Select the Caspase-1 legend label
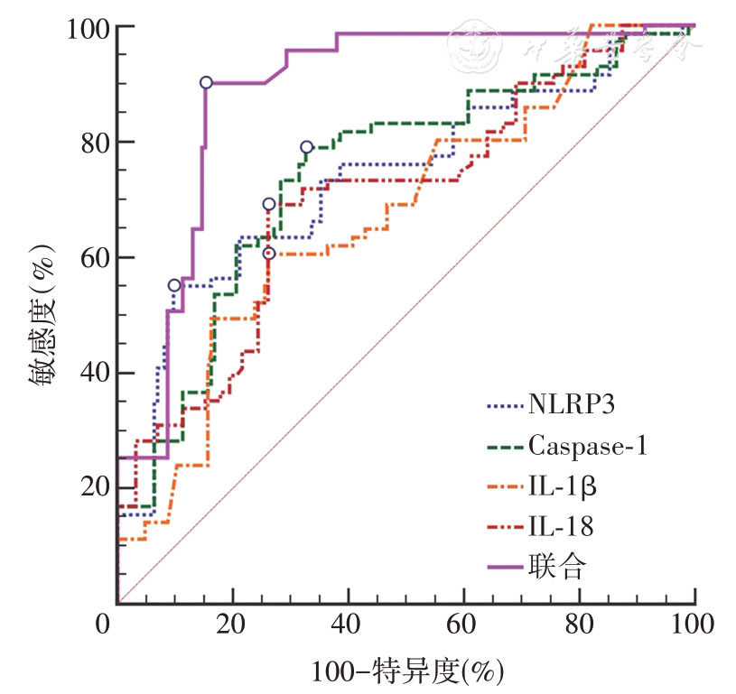pyautogui.click(x=599, y=445)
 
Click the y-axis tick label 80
pyautogui.click(x=92, y=143)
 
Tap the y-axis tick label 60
pyautogui.click(x=92, y=258)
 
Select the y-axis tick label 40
pyautogui.click(x=92, y=373)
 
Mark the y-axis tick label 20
pyautogui.click(x=92, y=487)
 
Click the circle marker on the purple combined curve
pyautogui.click(x=206, y=82)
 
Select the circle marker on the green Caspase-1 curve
pyautogui.click(x=307, y=147)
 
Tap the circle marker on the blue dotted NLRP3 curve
pyautogui.click(x=174, y=285)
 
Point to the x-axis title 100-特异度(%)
pyautogui.click(x=407, y=670)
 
